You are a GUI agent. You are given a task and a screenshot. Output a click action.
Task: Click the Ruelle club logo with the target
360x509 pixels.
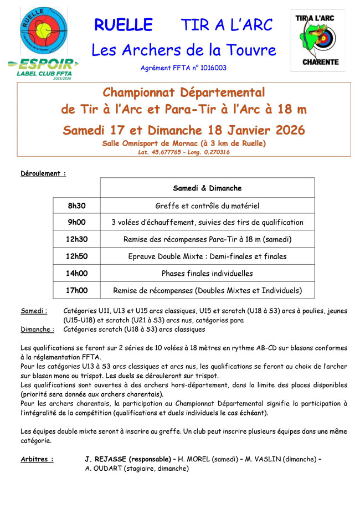[43, 30]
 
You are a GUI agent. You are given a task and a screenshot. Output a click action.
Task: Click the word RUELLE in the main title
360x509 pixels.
[123, 25]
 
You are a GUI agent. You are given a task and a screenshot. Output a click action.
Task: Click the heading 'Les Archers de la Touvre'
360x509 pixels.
[183, 50]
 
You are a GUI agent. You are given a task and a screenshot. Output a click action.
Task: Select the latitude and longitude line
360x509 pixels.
[184, 152]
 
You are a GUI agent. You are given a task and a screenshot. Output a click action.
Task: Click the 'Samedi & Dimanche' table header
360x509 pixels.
[207, 188]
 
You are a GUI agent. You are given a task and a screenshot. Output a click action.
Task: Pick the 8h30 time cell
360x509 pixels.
[77, 206]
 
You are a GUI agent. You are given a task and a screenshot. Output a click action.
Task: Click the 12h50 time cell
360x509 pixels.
[77, 256]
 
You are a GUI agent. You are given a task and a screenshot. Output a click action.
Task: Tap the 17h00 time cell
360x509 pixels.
[77, 290]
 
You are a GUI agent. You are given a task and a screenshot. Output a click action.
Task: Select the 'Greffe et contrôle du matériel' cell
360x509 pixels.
[207, 206]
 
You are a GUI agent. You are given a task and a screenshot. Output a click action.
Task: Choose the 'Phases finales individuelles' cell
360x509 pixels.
[207, 273]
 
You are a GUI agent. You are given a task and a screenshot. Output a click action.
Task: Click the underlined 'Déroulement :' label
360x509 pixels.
[43, 173]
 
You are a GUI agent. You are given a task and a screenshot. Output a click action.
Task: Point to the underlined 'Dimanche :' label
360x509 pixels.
[37, 329]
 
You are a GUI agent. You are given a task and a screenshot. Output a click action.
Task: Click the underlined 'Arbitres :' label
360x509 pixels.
[37, 459]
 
